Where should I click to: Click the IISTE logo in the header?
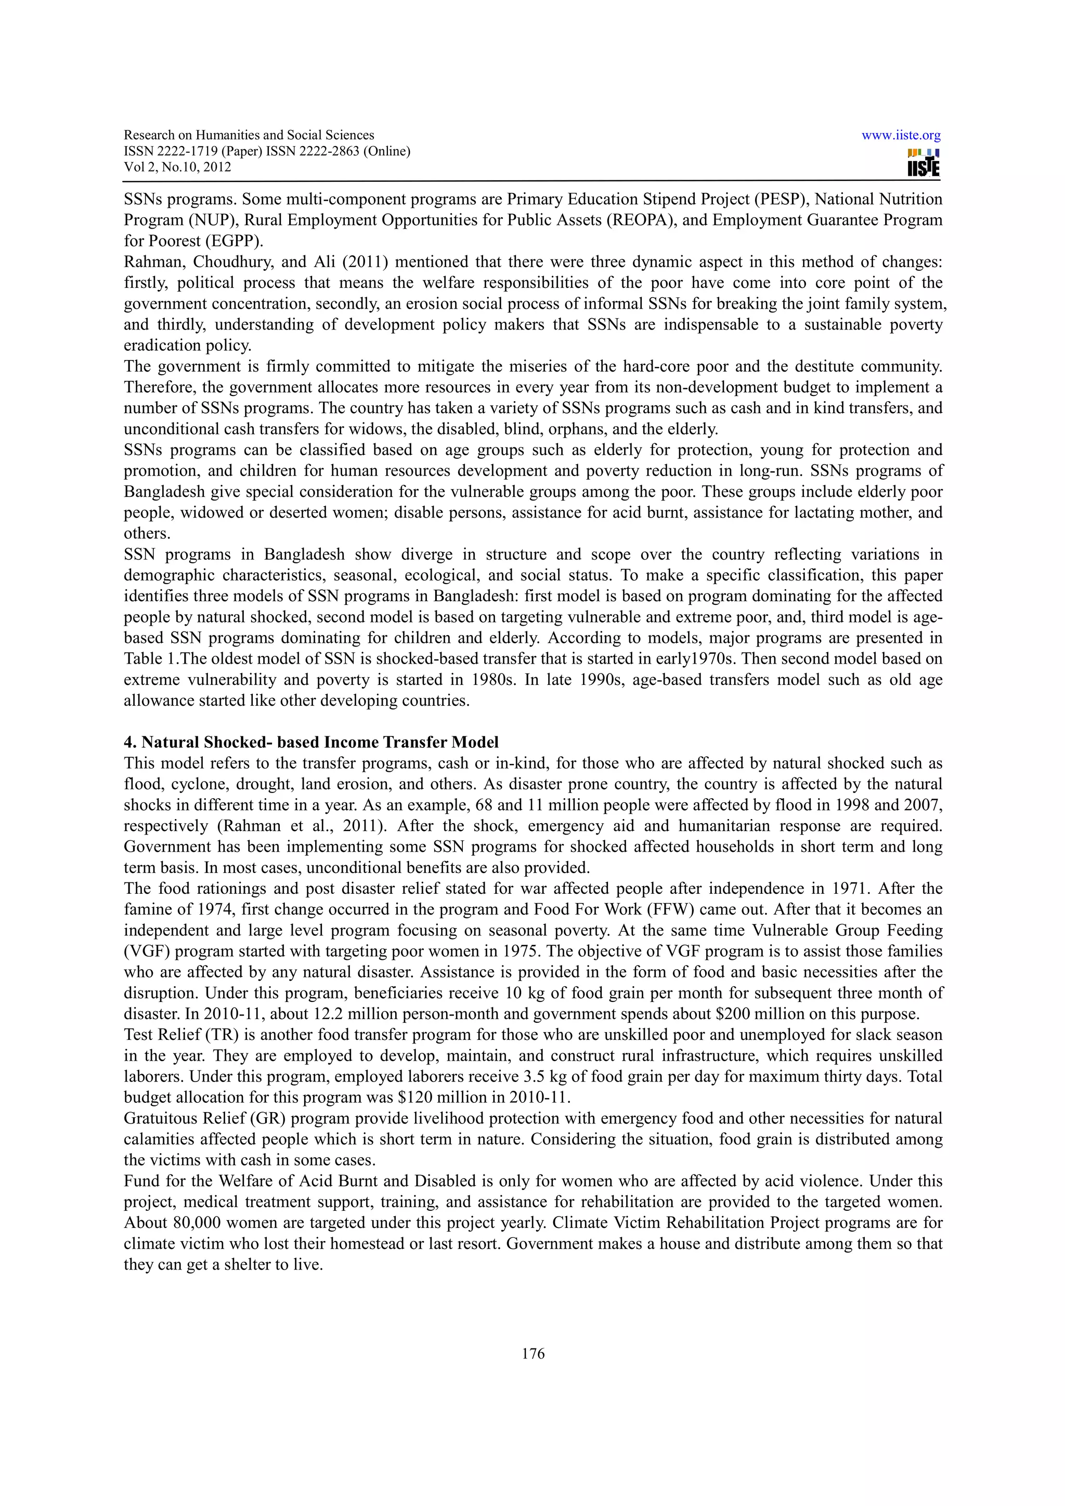923,163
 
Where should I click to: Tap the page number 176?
533,1353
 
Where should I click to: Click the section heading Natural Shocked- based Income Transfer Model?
311,742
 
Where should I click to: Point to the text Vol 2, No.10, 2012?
177,167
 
